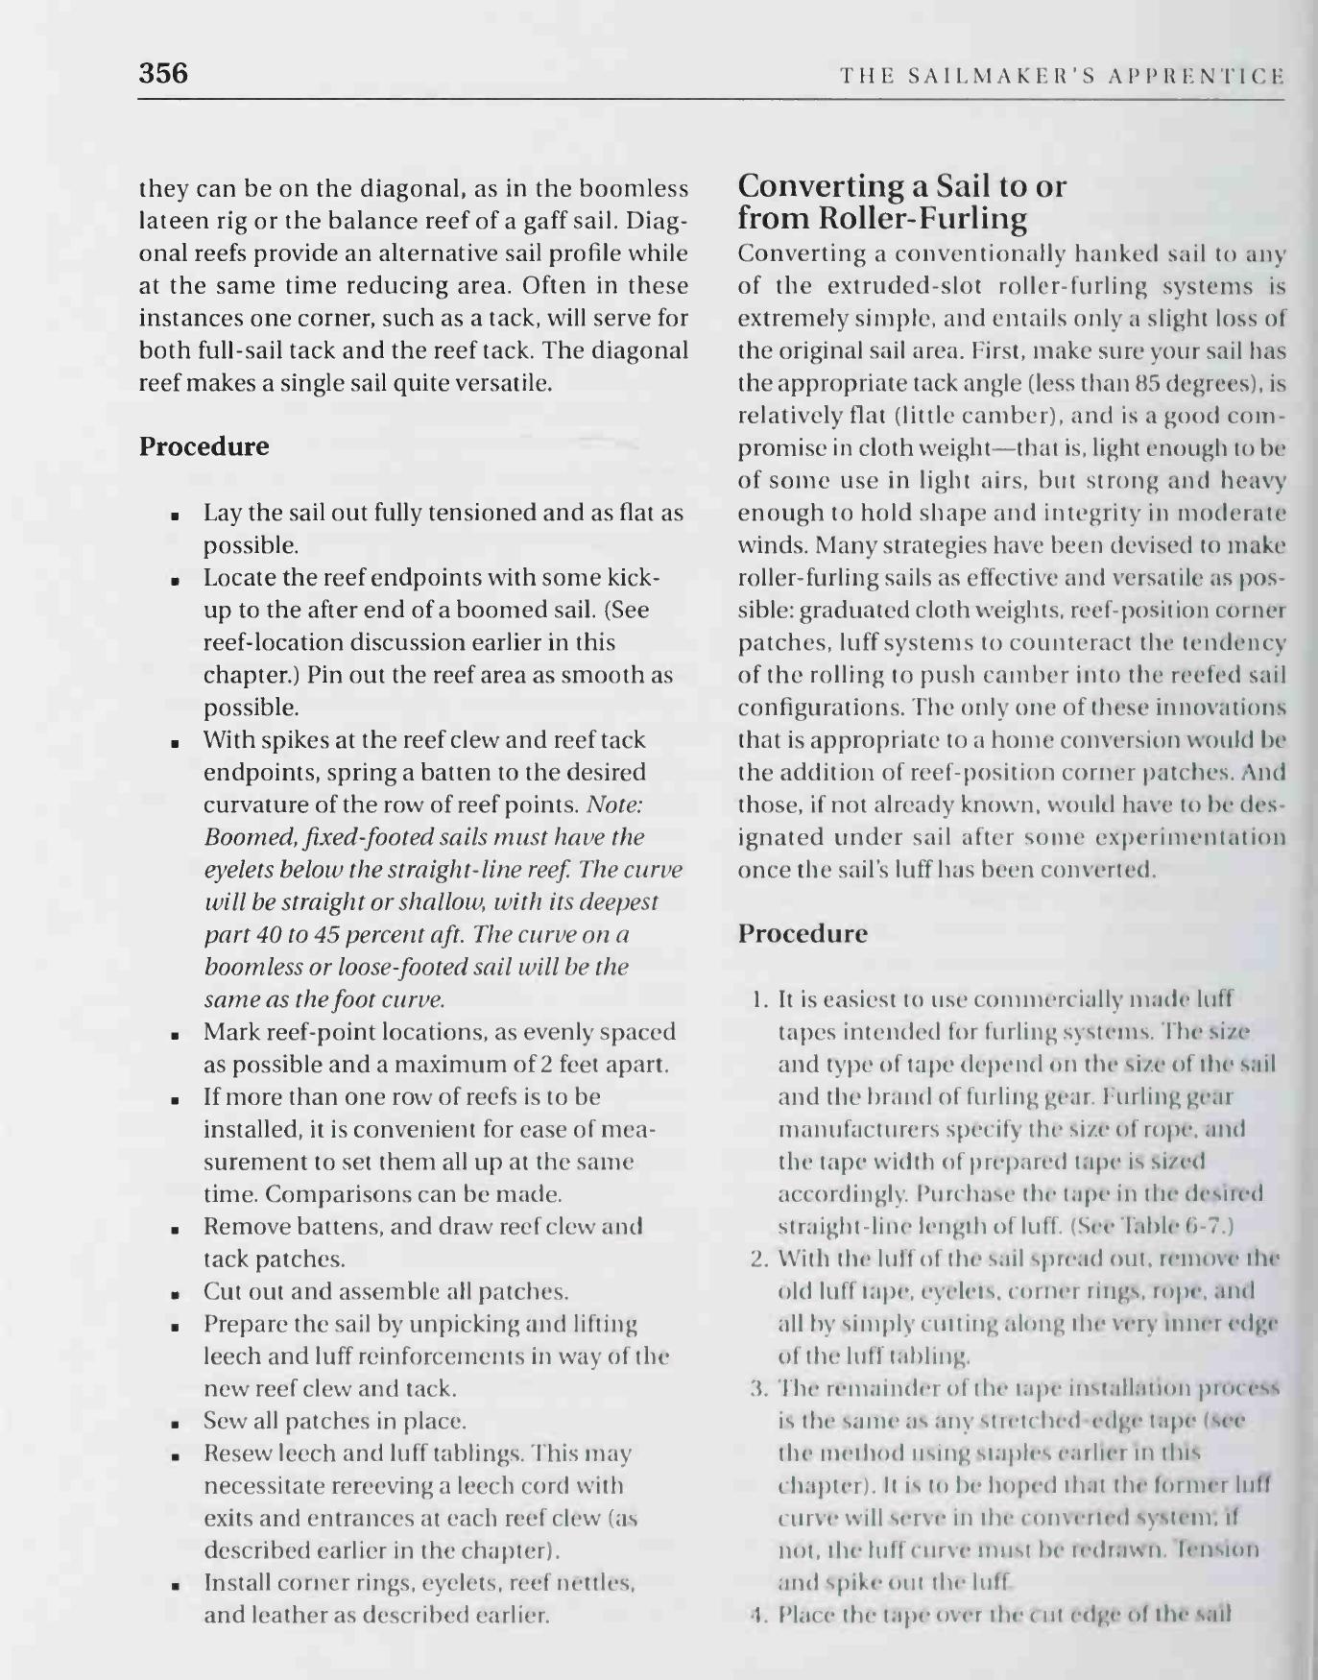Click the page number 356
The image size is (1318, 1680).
click(x=163, y=73)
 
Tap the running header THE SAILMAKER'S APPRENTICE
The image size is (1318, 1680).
click(x=1061, y=76)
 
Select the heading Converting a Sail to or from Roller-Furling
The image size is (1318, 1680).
click(x=901, y=202)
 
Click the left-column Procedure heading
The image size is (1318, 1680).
click(x=204, y=446)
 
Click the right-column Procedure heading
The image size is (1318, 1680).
click(x=803, y=933)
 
